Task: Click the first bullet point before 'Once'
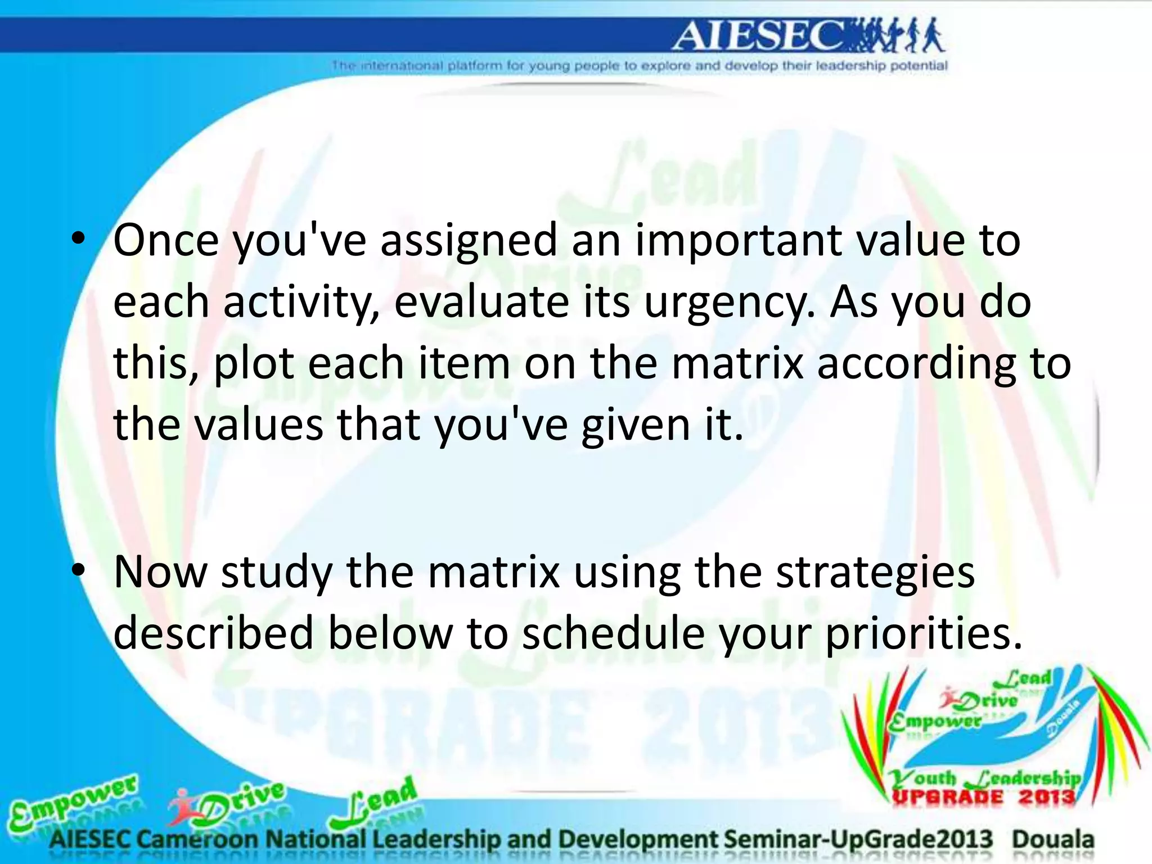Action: coord(79,240)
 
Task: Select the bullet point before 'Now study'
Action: coord(79,571)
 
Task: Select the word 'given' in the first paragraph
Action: coord(636,425)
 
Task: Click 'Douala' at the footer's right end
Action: coord(1053,839)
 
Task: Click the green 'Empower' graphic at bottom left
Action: coord(73,802)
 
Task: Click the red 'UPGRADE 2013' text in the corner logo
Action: coord(984,797)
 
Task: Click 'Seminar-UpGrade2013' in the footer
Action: coord(857,839)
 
